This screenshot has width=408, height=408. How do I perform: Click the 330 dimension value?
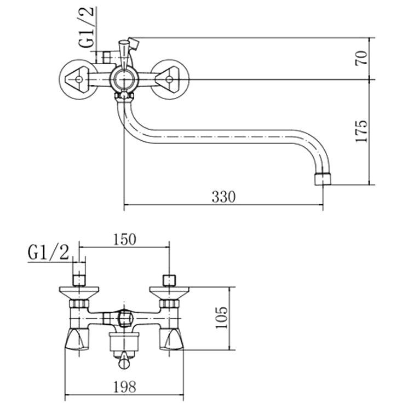[223, 197]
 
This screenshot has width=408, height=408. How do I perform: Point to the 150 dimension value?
[124, 240]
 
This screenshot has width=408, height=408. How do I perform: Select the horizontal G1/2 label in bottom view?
[49, 253]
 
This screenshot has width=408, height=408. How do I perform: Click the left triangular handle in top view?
[78, 80]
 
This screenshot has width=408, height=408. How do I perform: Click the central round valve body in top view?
[124, 80]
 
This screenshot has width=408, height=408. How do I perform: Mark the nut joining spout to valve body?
[124, 97]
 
